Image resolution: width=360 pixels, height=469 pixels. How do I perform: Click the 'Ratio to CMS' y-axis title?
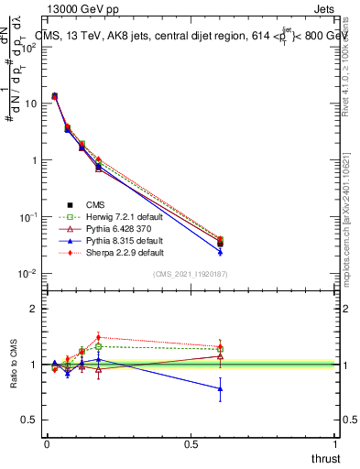click(x=15, y=365)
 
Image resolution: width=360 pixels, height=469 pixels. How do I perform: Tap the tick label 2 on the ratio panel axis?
click(x=34, y=309)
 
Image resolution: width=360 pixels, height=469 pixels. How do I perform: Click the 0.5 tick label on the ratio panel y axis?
click(x=29, y=420)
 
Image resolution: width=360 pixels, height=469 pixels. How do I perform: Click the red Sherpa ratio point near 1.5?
click(x=98, y=337)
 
